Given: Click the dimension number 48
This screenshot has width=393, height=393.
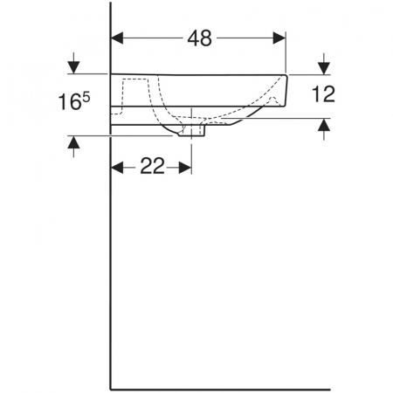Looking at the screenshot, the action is pyautogui.click(x=199, y=38).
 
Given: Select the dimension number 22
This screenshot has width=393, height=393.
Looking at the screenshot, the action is pyautogui.click(x=152, y=166).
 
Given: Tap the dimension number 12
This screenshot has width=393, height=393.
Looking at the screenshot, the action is pyautogui.click(x=323, y=94).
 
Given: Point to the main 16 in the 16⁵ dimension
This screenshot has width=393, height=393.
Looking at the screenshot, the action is pyautogui.click(x=69, y=102).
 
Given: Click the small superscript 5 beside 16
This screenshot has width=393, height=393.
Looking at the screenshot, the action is pyautogui.click(x=86, y=97).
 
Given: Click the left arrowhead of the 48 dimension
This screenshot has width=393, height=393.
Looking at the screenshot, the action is pyautogui.click(x=117, y=38).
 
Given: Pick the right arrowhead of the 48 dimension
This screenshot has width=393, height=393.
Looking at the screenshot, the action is pyautogui.click(x=279, y=38).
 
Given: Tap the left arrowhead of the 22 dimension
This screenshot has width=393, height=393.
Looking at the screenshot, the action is pyautogui.click(x=117, y=168).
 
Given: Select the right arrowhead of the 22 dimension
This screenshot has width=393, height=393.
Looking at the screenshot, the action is pyautogui.click(x=185, y=168).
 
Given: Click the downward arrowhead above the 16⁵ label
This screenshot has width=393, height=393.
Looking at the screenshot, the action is pyautogui.click(x=73, y=68).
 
